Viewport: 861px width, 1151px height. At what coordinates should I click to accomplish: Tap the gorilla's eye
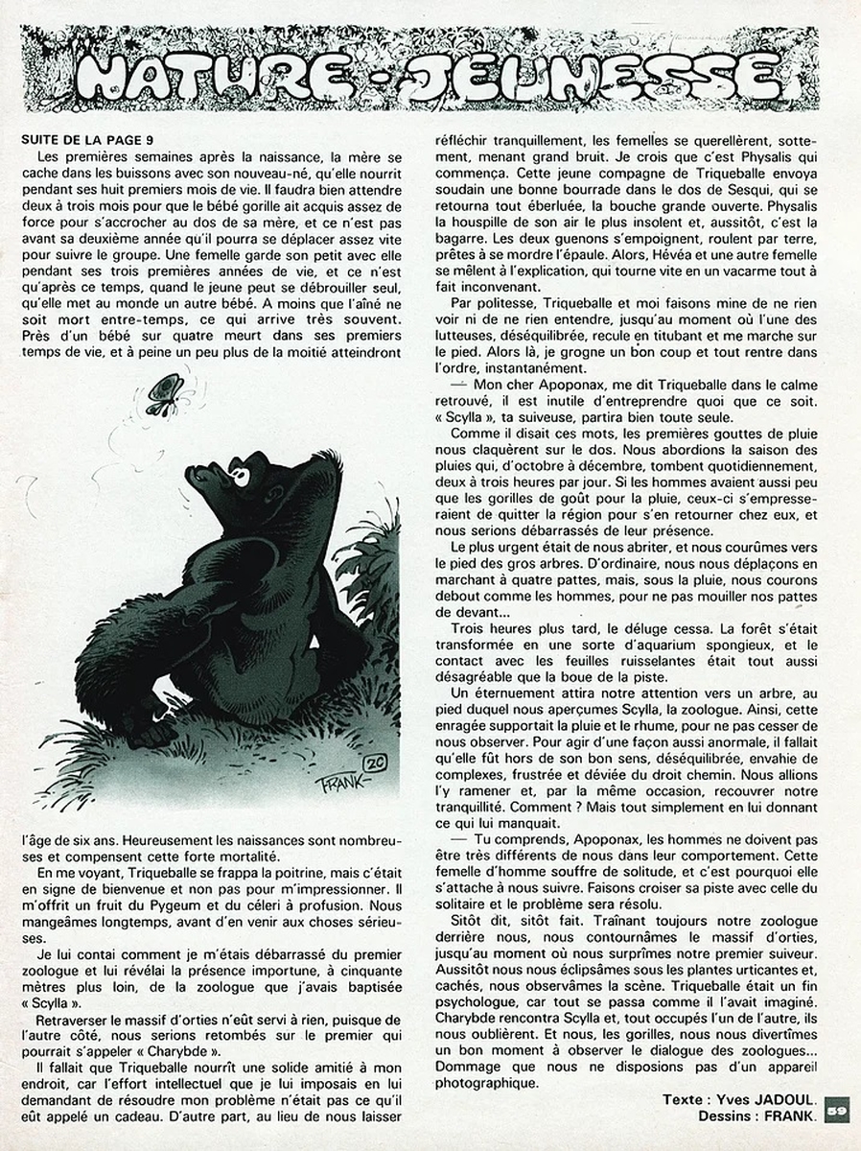tap(237, 475)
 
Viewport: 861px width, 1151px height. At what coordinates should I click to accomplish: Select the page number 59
tap(835, 1111)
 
